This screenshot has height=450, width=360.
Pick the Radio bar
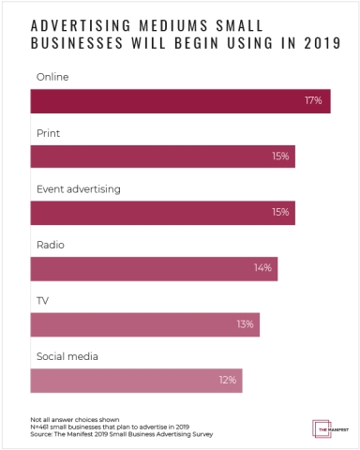pos(154,268)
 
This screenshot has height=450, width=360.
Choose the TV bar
pos(144,324)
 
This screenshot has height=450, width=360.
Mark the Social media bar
pos(136,381)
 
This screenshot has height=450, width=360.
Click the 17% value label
pos(313,100)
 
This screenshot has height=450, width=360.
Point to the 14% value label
pos(262,268)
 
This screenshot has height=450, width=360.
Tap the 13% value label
pos(244,324)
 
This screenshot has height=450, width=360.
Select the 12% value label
pos(227,381)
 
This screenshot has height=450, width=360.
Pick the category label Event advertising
pos(79,188)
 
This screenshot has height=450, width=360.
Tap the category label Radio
pos(50,245)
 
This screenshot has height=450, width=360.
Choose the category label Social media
pos(67,357)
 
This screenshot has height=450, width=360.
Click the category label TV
pos(42,301)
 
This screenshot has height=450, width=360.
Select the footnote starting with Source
pos(121,434)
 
